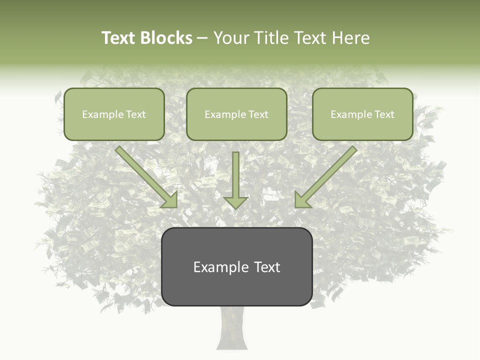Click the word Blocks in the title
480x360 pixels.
coord(167,38)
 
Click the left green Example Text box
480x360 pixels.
coord(114,114)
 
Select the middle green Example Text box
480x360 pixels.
coord(236,114)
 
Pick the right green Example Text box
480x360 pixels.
coord(362,114)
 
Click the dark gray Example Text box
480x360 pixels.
coord(236,266)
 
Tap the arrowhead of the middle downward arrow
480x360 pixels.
coord(235,202)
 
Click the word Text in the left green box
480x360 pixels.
coord(136,114)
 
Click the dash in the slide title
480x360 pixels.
coord(202,38)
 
